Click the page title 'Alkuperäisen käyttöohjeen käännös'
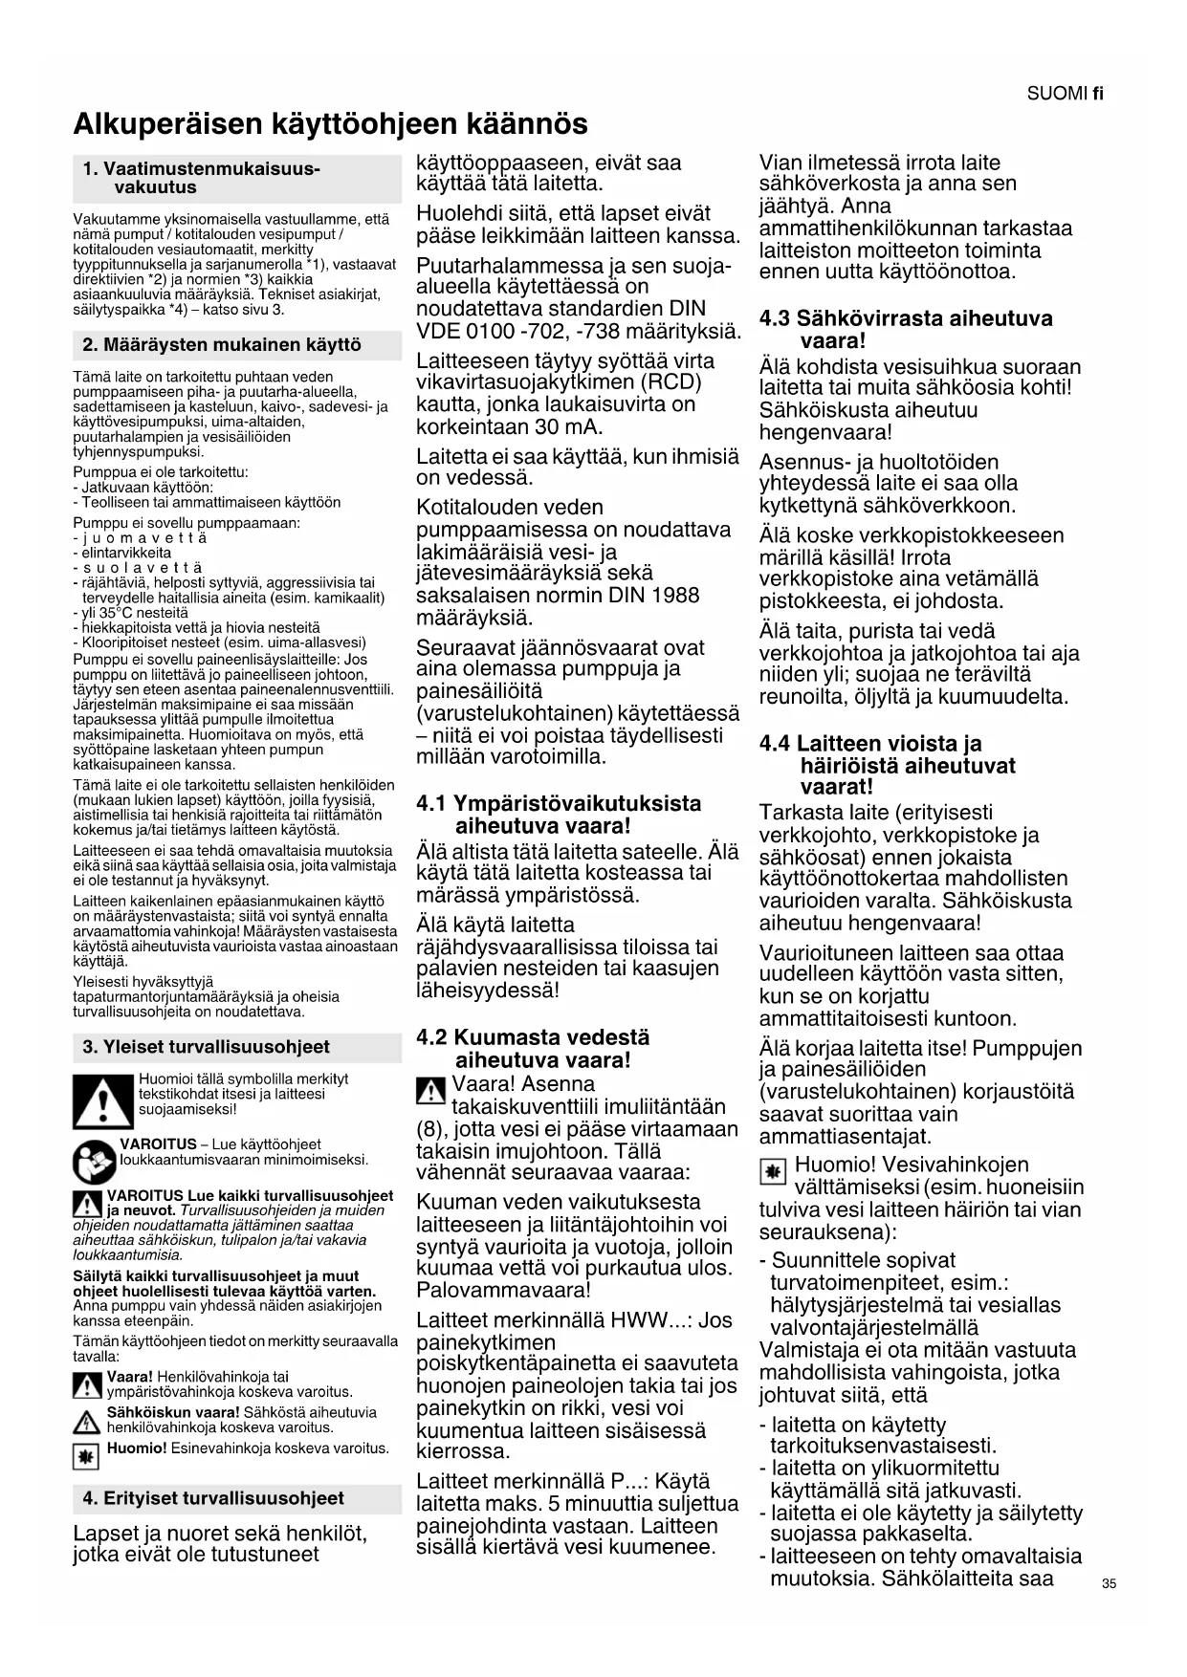[x=330, y=124]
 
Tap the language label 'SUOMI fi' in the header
[x=1065, y=94]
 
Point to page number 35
[x=1109, y=1583]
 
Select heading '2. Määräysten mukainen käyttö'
[x=222, y=345]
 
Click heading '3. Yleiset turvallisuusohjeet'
[x=206, y=1047]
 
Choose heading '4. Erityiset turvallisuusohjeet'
[x=213, y=1498]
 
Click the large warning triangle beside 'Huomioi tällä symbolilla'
[x=102, y=1101]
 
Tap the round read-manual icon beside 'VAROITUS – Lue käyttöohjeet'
[x=94, y=1162]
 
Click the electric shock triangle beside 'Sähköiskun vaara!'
[x=88, y=1422]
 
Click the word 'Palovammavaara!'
[x=503, y=1290]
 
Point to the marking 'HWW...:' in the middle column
[x=652, y=1320]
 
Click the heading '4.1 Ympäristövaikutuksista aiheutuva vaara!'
[x=559, y=815]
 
